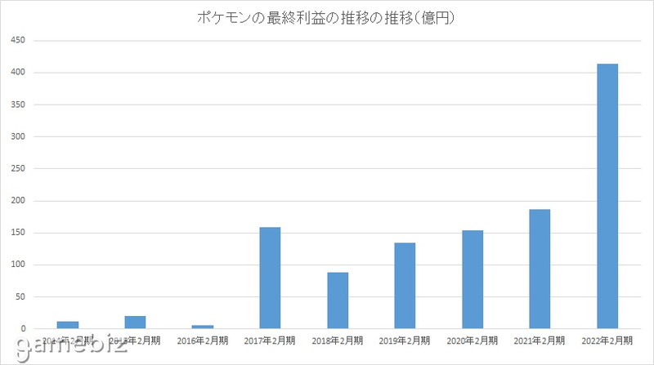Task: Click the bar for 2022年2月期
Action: click(x=607, y=196)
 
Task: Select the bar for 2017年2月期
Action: click(x=270, y=278)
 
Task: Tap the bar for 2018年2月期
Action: click(x=338, y=300)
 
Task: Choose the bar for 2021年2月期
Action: click(x=540, y=269)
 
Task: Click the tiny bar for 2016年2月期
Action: click(x=202, y=327)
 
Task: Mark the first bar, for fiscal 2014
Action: click(x=68, y=325)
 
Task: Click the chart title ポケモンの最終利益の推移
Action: click(x=325, y=17)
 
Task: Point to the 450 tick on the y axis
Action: click(x=18, y=41)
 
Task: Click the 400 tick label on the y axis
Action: click(x=18, y=73)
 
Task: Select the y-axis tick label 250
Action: click(x=18, y=169)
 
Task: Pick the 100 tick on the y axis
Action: click(x=18, y=265)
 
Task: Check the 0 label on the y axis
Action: click(x=25, y=329)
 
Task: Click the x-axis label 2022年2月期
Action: click(x=607, y=340)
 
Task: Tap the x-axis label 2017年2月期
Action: click(x=270, y=340)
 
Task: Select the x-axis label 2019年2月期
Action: click(x=405, y=340)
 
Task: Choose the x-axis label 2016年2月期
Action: click(x=202, y=340)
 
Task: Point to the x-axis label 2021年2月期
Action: click(x=540, y=340)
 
